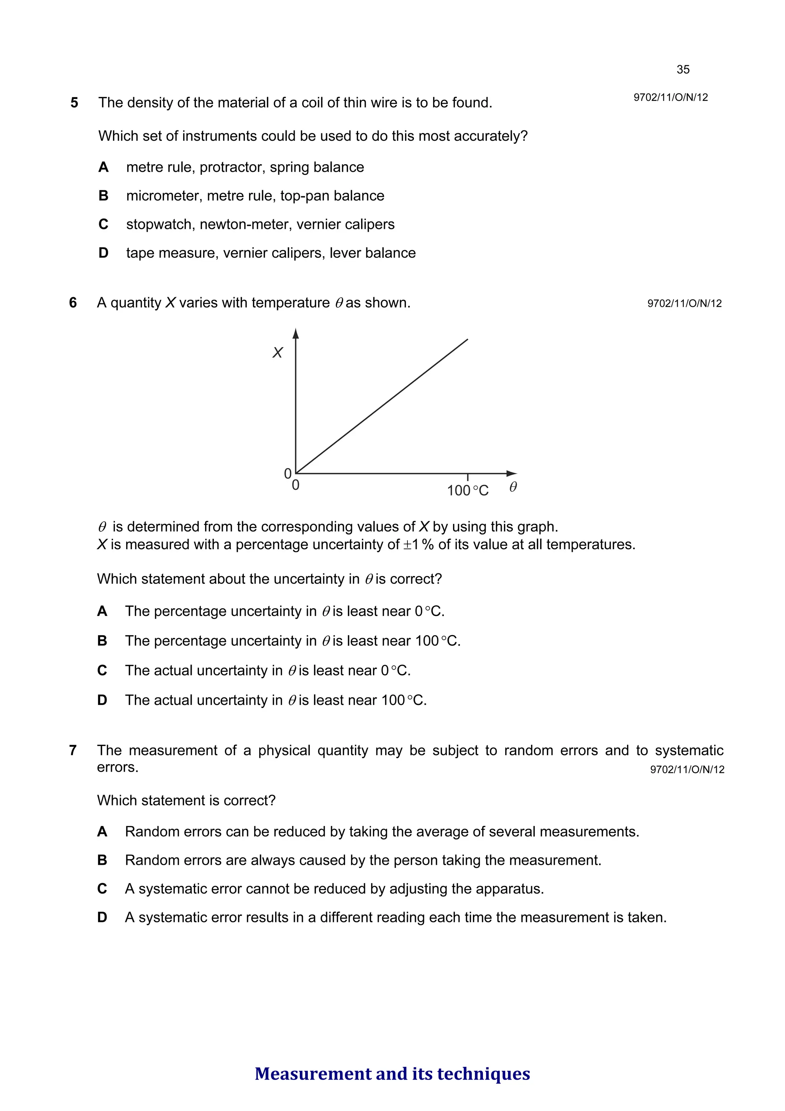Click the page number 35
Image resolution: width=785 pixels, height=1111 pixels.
682,70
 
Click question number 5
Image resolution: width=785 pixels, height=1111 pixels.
74,102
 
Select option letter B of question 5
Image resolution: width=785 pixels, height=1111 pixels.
103,196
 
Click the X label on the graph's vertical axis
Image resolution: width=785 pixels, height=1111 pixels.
278,352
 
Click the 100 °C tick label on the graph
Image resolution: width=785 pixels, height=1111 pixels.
467,490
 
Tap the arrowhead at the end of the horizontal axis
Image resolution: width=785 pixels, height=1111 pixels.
512,473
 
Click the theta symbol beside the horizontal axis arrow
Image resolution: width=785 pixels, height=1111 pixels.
513,487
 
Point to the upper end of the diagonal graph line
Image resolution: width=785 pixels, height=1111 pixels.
467,340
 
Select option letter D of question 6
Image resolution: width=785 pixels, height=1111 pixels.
102,700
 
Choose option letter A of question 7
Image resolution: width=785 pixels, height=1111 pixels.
102,831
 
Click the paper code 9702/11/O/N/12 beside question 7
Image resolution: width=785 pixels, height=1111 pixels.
687,769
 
